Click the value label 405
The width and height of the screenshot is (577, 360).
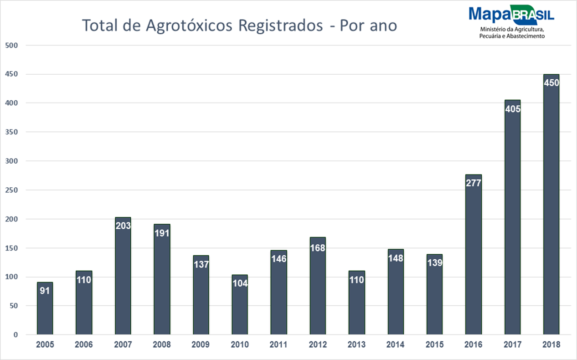[x=512, y=109]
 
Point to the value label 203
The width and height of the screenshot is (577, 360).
[x=123, y=226]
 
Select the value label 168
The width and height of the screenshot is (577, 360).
[x=318, y=248]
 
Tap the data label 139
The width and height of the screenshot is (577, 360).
[x=434, y=263]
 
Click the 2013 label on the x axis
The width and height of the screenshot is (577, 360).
[x=356, y=345]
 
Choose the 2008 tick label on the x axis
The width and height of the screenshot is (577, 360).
[x=162, y=345]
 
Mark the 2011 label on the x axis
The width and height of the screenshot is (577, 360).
[x=278, y=345]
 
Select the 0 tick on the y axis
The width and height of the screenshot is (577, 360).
[x=15, y=335]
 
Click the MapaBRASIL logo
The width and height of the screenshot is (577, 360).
[x=511, y=15]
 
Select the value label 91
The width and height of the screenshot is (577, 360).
[x=45, y=290]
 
